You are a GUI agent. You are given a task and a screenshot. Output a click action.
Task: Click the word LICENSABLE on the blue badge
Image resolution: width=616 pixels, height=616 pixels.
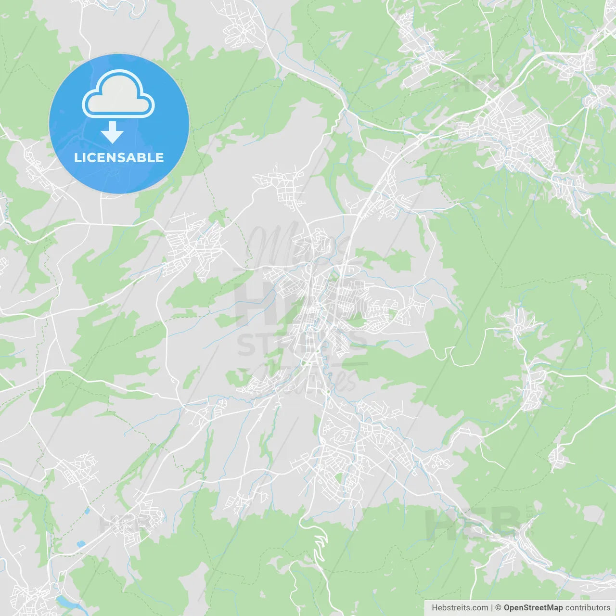coord(119,157)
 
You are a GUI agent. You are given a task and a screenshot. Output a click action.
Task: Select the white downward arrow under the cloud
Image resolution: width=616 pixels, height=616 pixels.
coord(112,132)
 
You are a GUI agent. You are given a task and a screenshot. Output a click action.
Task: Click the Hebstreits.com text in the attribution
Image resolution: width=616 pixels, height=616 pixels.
coord(460,608)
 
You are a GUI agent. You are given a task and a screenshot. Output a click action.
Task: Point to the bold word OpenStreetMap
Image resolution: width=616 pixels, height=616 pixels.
coord(533,608)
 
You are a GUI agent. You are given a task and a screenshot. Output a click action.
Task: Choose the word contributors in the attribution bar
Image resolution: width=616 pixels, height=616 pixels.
coord(588,608)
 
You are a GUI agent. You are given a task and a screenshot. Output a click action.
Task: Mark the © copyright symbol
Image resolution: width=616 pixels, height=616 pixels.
coord(498,608)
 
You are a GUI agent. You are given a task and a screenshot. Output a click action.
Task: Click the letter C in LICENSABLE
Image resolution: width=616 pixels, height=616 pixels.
coord(90,157)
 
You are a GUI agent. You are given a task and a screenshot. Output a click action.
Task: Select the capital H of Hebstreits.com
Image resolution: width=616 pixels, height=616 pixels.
coord(435,608)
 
